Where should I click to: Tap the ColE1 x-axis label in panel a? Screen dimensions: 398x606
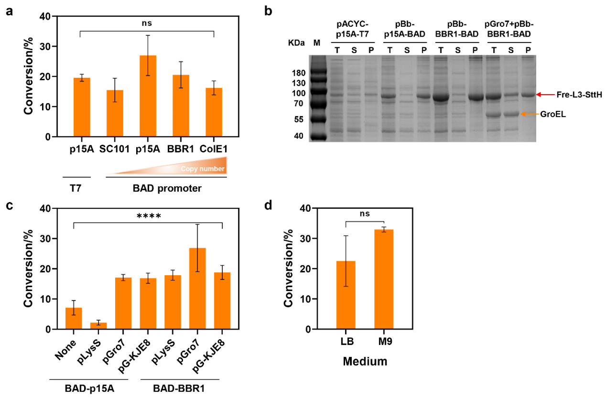[x=214, y=149]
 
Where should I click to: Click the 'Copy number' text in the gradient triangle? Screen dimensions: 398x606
[x=202, y=169]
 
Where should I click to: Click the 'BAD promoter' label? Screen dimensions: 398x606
[x=166, y=188]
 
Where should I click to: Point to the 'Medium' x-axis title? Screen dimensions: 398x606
[x=365, y=362]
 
